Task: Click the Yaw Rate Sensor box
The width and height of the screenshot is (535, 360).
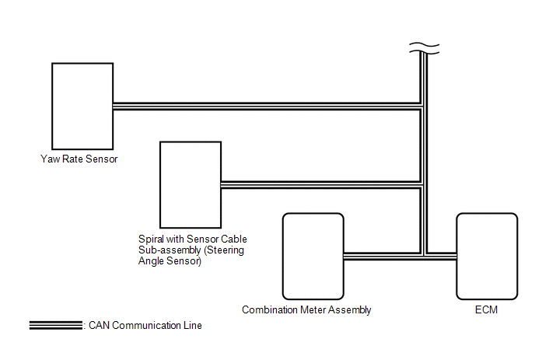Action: tap(82, 106)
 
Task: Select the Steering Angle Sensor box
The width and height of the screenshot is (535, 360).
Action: tap(190, 183)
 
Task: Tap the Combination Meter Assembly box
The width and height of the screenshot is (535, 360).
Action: tap(313, 256)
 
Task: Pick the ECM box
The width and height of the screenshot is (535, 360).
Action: tap(486, 256)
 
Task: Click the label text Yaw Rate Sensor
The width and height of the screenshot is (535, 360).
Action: tap(83, 159)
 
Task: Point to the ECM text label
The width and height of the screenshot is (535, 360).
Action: tap(486, 309)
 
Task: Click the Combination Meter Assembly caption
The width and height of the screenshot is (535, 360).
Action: tap(306, 309)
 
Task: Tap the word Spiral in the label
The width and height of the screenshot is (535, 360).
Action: tap(149, 239)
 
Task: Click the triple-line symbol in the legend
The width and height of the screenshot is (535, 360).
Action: tap(54, 325)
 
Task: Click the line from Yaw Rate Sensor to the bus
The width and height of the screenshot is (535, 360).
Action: tap(264, 106)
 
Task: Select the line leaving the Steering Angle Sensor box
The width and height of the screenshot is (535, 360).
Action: tap(319, 184)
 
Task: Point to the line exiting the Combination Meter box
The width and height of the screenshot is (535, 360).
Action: tap(381, 256)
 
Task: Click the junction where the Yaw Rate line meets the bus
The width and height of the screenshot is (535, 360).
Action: tap(422, 106)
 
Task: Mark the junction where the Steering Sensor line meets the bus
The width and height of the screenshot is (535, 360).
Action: tap(422, 184)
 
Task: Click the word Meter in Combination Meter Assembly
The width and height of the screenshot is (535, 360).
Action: tap(314, 309)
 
